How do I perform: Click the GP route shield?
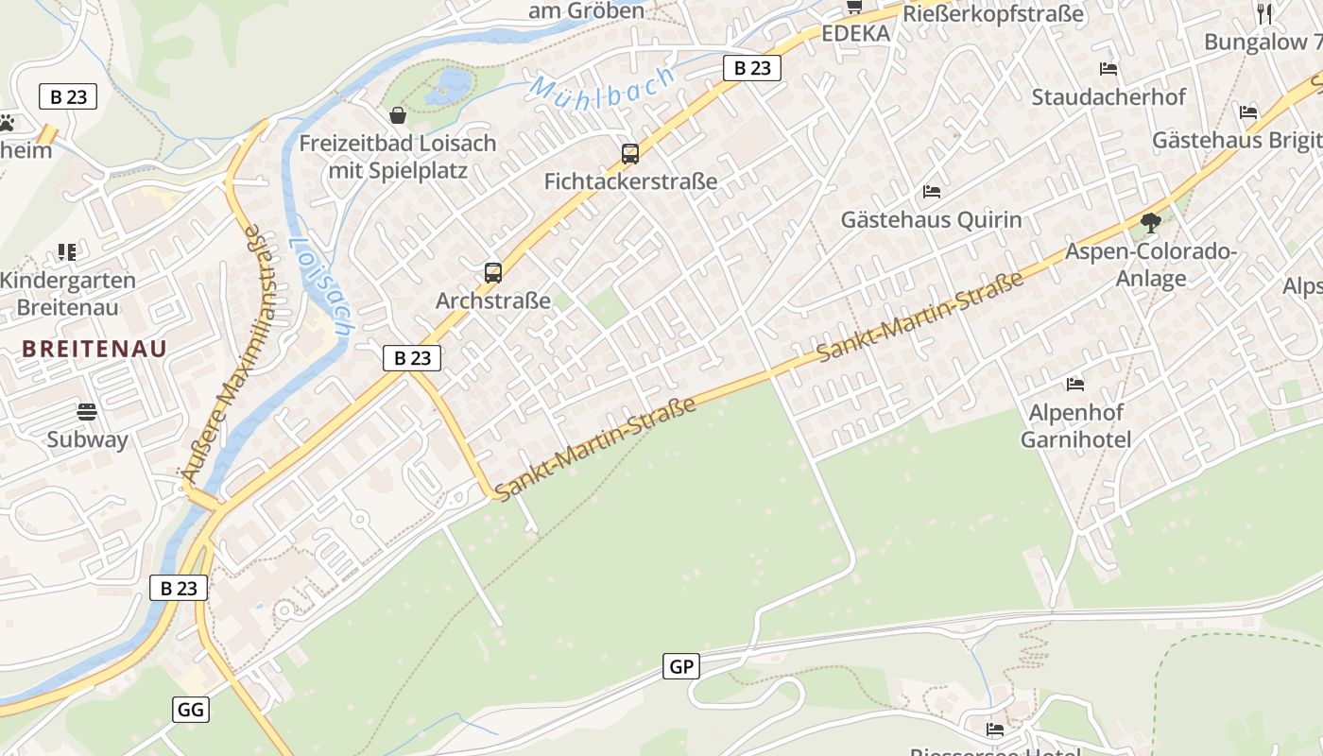click(681, 666)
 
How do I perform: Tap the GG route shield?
click(191, 709)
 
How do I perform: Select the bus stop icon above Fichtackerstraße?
click(630, 153)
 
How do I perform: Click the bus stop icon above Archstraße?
click(492, 273)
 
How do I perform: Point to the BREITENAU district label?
click(94, 348)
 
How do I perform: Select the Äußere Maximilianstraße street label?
click(220, 352)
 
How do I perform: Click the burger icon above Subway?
click(87, 411)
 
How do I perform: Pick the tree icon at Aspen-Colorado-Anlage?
click(1151, 223)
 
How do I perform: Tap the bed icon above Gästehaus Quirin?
click(932, 192)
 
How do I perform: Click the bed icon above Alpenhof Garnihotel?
click(1075, 384)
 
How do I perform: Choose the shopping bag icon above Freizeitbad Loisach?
click(398, 115)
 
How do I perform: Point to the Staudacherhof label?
click(1108, 96)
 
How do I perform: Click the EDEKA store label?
click(856, 34)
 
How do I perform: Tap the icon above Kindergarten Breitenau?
click(67, 252)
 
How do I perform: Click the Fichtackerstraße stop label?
click(630, 180)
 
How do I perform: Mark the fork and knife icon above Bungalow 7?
click(1265, 12)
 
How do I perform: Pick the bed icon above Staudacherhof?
click(1108, 69)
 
